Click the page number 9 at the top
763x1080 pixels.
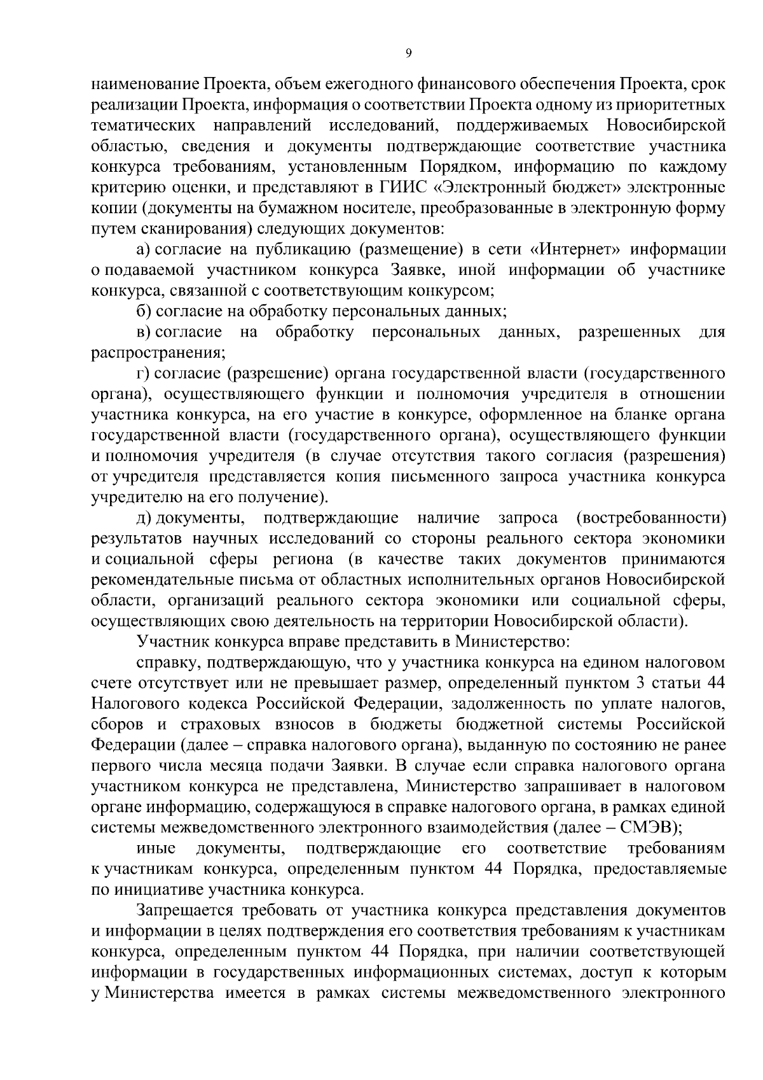(408, 54)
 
